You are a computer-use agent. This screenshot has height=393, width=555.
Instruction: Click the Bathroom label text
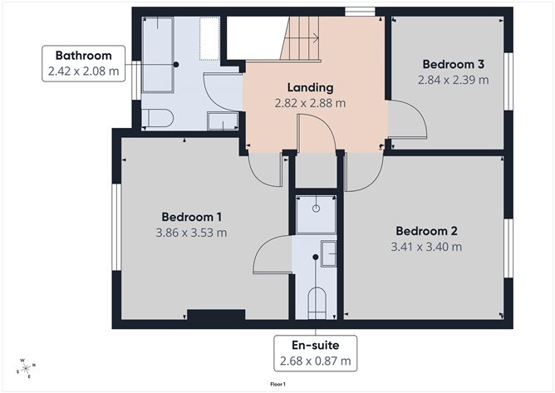(x=83, y=56)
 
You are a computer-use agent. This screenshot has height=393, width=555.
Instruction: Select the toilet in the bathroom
(x=157, y=118)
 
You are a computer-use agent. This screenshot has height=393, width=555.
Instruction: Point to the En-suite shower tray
(x=316, y=216)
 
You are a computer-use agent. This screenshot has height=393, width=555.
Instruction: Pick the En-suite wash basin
(x=329, y=253)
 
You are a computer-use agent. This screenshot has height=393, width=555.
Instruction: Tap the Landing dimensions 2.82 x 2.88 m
(x=310, y=104)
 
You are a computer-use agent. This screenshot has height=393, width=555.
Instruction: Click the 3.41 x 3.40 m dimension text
(x=426, y=247)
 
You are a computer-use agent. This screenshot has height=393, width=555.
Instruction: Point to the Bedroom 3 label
(x=453, y=64)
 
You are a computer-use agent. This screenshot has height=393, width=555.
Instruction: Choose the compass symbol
(x=26, y=368)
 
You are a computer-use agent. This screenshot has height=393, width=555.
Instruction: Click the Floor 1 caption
(x=277, y=385)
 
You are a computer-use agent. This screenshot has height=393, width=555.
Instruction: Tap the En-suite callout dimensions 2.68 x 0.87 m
(x=316, y=361)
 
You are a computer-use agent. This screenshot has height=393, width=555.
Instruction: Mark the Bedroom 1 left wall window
(x=116, y=226)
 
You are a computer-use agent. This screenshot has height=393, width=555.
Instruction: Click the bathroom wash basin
(x=222, y=123)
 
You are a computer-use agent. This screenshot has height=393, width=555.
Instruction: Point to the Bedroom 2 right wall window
(x=509, y=248)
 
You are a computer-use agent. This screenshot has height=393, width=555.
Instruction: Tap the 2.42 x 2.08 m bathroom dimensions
(x=83, y=72)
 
